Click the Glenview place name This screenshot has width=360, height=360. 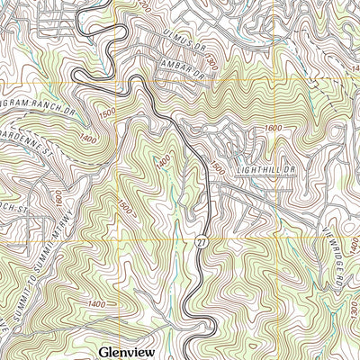[x=130, y=350]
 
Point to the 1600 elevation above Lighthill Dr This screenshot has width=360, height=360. [x=274, y=128]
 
